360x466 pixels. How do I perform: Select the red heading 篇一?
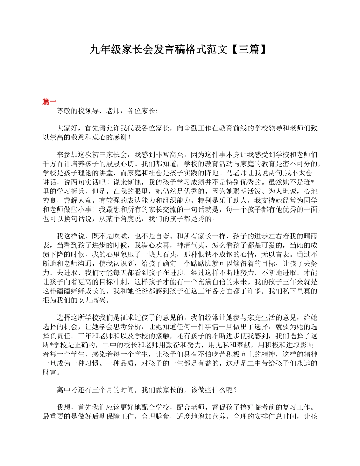49,101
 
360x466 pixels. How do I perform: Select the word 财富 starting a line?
49,373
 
